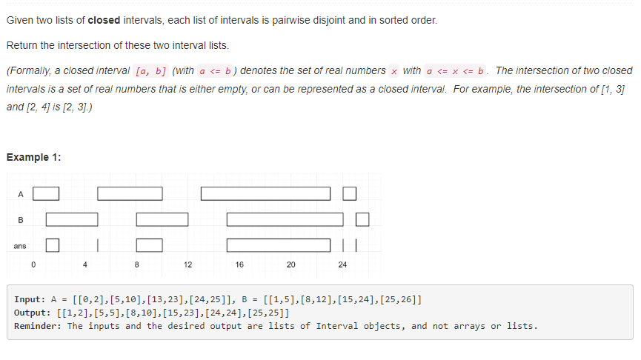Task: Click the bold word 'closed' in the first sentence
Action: [x=103, y=20]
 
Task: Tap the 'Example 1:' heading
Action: [x=33, y=157]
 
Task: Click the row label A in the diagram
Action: [x=21, y=194]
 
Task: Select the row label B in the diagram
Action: [x=21, y=219]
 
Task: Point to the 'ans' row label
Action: [x=19, y=245]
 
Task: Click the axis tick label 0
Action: [x=33, y=264]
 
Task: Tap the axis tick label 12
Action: [x=187, y=264]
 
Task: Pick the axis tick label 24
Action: [x=342, y=264]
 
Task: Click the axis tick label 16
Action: [x=239, y=264]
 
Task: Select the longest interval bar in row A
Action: [x=265, y=193]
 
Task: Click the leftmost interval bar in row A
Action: [x=46, y=193]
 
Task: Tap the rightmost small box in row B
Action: [x=362, y=219]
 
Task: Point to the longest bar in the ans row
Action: [x=278, y=244]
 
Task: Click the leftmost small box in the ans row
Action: [x=53, y=244]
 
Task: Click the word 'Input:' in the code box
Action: [x=31, y=300]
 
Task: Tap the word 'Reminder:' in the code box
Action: [x=39, y=326]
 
